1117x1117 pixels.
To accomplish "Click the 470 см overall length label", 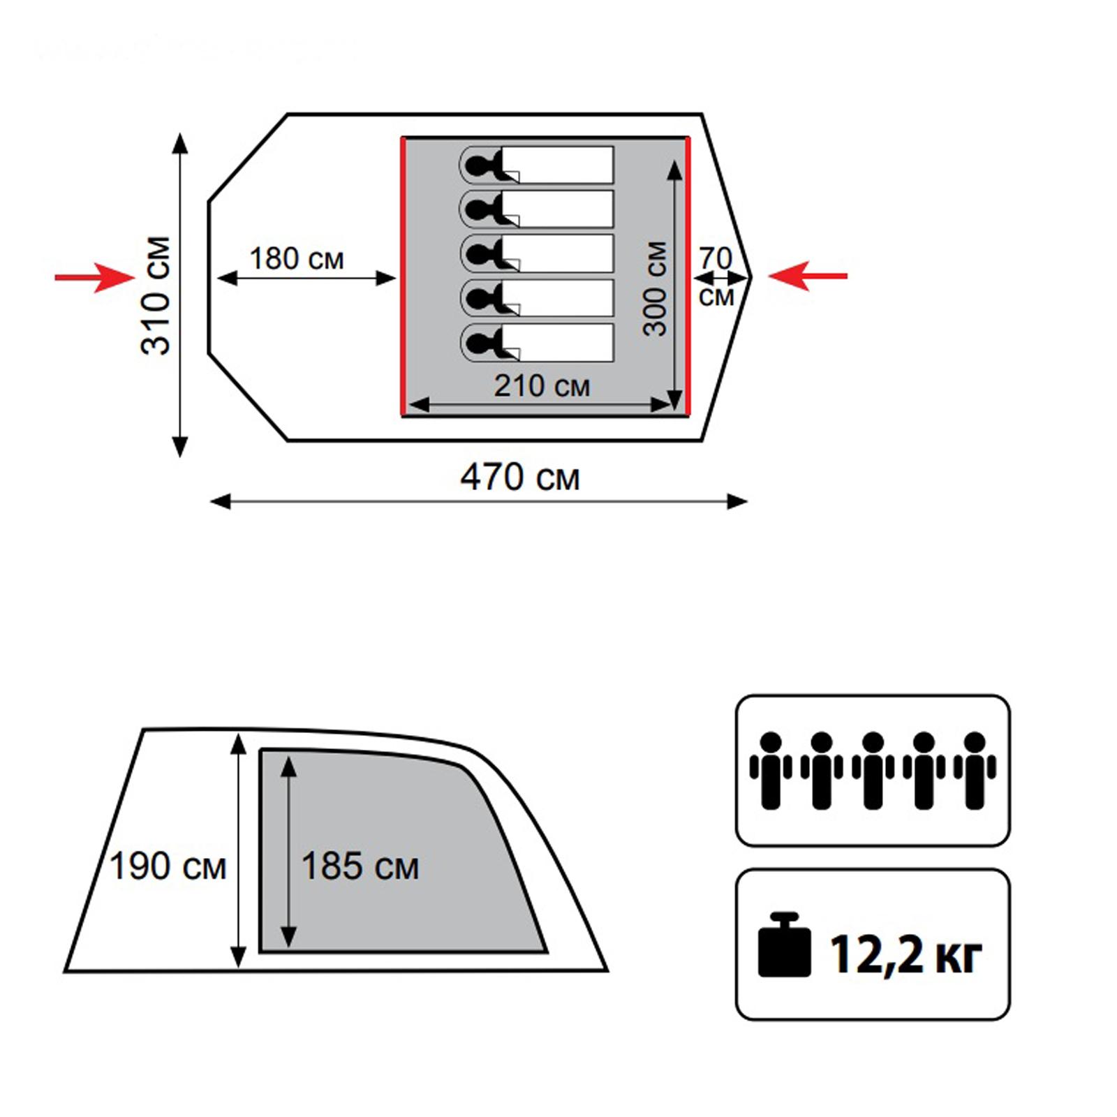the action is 520,478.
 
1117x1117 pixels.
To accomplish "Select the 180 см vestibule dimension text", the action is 297,258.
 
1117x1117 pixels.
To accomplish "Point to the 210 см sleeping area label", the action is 542,385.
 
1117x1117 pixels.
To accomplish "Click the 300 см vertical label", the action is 655,289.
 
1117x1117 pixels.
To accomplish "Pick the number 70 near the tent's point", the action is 716,258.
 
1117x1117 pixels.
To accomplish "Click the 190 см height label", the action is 168,866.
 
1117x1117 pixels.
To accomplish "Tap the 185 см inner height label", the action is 360,866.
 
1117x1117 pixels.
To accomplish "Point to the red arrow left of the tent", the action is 94,277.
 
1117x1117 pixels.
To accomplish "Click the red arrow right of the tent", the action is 808,276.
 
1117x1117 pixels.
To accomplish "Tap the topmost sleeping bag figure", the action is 536,165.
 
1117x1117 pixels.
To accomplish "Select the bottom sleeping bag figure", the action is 536,343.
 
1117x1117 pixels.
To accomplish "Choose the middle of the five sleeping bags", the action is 536,254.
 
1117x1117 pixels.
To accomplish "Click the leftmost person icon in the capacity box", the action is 771,771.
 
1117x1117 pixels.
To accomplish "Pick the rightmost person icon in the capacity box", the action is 975,771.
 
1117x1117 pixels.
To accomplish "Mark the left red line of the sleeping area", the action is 403,276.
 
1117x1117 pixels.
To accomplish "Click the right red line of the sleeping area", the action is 688,276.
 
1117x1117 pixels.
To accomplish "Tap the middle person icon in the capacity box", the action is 873,771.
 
